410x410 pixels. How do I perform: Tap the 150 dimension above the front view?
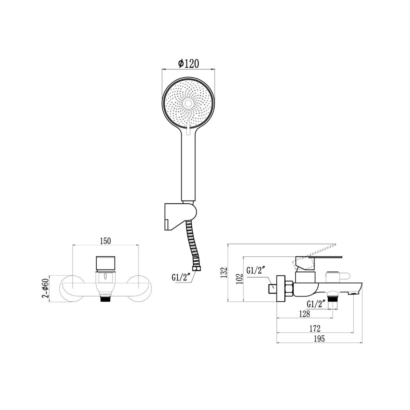[106, 241]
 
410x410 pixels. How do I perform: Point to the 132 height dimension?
[224, 272]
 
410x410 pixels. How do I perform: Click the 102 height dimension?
[240, 279]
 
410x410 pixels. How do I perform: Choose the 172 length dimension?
[315, 328]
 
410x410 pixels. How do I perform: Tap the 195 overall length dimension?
[319, 339]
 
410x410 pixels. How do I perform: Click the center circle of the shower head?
[188, 104]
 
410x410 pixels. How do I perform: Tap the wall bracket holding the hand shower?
[180, 217]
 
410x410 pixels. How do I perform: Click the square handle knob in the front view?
[106, 263]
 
